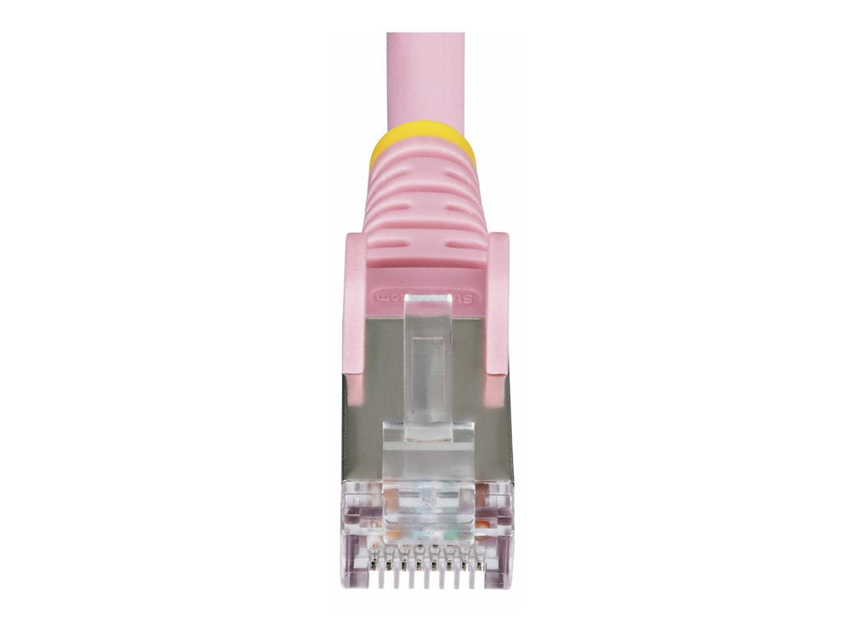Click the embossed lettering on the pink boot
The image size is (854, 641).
426,296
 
